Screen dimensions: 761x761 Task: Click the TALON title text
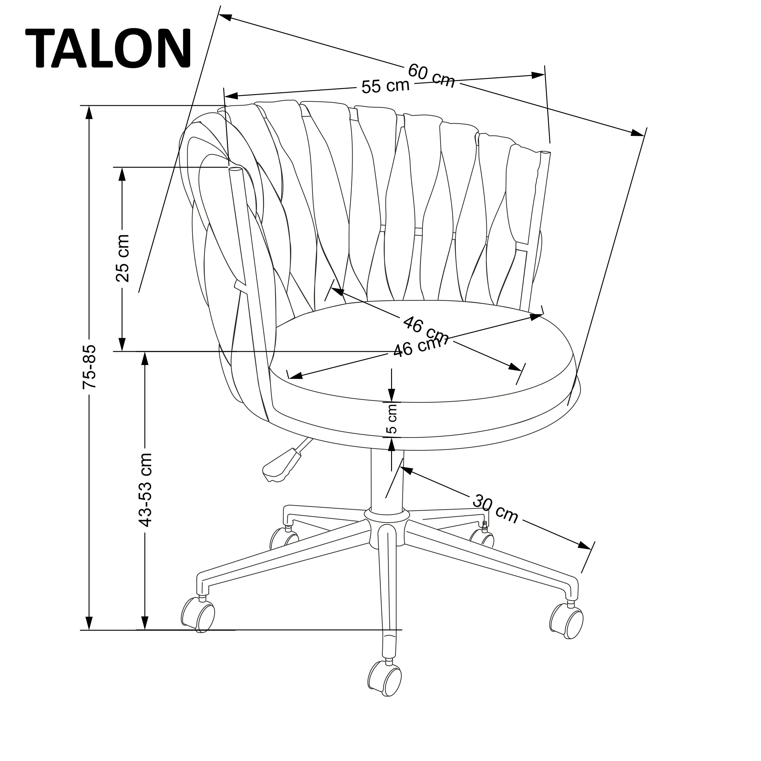(x=109, y=49)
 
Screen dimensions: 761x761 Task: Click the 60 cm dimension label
(x=431, y=76)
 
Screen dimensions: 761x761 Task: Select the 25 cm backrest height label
(x=122, y=258)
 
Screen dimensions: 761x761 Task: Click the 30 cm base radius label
(x=495, y=509)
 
